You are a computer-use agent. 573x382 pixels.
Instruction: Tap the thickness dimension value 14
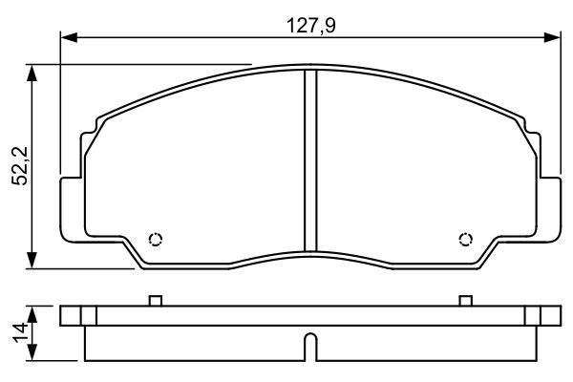pos(17,334)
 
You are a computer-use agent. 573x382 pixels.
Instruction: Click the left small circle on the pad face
pos(156,240)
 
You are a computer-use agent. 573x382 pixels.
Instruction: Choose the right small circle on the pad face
pos(466,240)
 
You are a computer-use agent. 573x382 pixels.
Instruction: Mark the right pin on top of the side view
pos(466,301)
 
